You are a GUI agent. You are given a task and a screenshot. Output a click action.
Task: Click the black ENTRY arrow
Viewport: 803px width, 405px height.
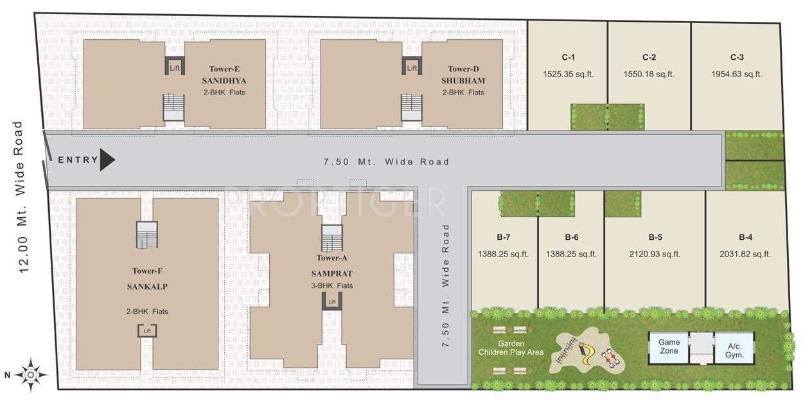coord(107,160)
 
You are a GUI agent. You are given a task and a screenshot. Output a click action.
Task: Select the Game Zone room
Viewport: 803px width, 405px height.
coord(669,346)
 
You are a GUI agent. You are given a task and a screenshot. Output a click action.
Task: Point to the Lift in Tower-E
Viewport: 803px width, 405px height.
coord(174,67)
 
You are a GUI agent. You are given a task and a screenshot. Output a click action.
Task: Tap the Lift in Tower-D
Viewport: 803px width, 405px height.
coord(412,67)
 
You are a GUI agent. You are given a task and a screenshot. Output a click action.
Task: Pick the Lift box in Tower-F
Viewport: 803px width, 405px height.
coord(147,330)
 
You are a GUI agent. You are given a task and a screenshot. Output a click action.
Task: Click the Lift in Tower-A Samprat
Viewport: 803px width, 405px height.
coord(332,301)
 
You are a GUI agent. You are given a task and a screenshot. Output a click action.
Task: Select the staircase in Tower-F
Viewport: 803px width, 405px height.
coord(146,235)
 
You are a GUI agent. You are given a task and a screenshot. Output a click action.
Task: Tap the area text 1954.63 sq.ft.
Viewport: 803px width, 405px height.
coord(736,74)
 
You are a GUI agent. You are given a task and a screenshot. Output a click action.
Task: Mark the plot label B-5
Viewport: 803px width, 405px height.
coord(655,237)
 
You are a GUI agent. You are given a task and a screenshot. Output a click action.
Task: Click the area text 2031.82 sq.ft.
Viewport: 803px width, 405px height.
coord(745,254)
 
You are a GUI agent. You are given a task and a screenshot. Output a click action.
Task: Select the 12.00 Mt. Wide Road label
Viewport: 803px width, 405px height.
coord(21,197)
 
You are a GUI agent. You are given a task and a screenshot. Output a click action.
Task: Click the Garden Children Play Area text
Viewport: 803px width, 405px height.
coord(511,348)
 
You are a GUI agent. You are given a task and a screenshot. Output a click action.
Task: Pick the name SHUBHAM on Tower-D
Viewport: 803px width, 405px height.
coord(463,81)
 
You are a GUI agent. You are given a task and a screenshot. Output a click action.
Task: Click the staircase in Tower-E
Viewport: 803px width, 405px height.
coord(173,107)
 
